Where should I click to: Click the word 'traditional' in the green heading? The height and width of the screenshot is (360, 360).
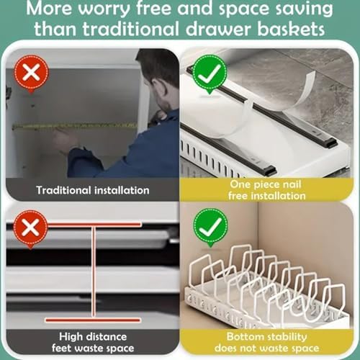tap(130, 29)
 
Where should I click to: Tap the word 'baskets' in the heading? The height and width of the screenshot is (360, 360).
tap(291, 29)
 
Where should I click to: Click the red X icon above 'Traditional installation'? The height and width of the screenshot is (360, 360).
tap(31, 73)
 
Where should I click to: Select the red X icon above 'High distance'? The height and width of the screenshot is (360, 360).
tap(30, 228)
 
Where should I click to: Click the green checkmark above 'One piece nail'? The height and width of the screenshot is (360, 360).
tap(210, 73)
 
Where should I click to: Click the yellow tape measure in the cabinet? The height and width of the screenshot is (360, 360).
tap(74, 126)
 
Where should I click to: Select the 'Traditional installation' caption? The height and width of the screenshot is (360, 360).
tap(93, 190)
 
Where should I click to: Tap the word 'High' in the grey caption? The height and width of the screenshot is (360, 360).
tap(70, 337)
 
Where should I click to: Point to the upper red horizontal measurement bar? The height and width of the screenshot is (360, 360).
tap(94, 225)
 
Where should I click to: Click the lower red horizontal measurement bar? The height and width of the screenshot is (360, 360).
tap(93, 320)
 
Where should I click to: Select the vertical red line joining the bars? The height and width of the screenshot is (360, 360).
tap(94, 272)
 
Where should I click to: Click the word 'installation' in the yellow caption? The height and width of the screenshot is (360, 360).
tap(279, 196)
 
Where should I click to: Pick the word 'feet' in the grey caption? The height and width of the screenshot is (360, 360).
tap(61, 348)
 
